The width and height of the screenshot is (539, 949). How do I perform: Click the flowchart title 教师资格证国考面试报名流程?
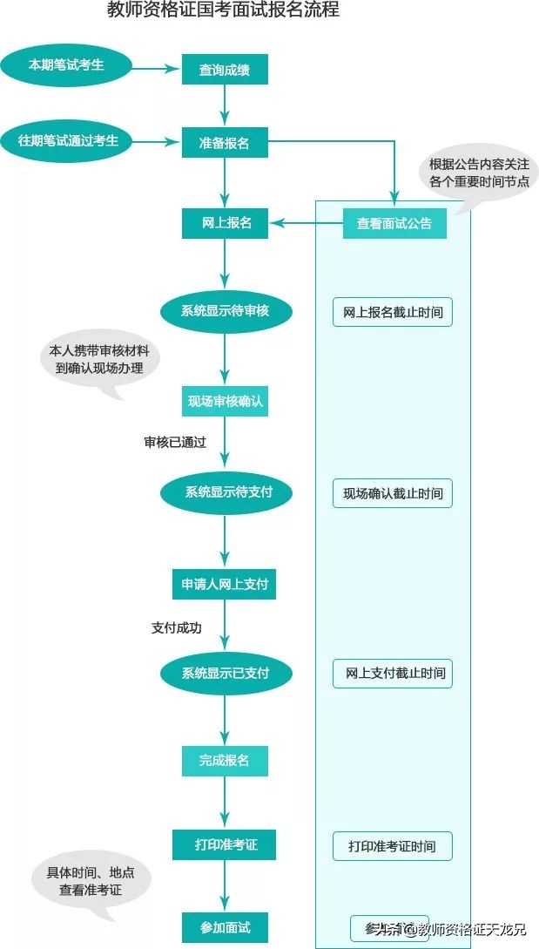click(223, 10)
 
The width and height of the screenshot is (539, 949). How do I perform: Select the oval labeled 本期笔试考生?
click(65, 65)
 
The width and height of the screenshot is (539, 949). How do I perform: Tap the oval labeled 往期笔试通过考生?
click(69, 139)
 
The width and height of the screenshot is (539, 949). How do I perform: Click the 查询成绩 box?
click(224, 70)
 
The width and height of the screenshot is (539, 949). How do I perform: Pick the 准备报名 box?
click(224, 143)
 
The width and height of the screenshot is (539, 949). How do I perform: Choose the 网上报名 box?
click(226, 223)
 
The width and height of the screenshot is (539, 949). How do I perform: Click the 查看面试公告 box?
click(394, 224)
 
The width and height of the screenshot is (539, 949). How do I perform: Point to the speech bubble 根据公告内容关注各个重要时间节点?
click(478, 174)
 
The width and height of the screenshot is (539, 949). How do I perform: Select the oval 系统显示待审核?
click(225, 310)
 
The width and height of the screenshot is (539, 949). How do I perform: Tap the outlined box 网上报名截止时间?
click(392, 312)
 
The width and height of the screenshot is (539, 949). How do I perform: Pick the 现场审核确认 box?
click(225, 402)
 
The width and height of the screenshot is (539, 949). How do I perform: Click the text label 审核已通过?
click(175, 442)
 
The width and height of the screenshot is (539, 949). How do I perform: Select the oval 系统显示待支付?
click(226, 492)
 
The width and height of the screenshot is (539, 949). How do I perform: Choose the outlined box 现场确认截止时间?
click(392, 493)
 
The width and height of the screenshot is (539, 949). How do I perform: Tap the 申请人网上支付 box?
click(224, 584)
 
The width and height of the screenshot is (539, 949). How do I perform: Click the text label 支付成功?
click(177, 627)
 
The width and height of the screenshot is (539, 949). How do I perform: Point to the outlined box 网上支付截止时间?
click(393, 674)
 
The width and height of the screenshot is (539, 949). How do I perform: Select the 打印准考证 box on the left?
click(226, 844)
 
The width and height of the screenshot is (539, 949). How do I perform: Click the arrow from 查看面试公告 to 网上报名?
click(305, 224)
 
